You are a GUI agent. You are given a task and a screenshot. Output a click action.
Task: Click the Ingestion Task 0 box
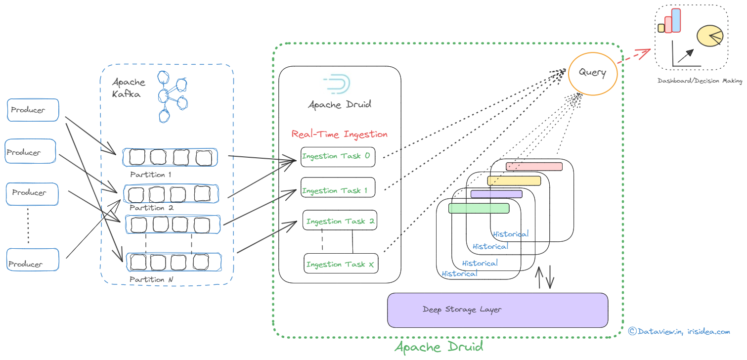click(338, 156)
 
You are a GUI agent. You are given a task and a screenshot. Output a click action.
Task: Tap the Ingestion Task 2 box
click(340, 221)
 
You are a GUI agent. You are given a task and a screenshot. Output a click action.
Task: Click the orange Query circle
click(592, 73)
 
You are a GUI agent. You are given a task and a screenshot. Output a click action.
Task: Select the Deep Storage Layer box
click(497, 310)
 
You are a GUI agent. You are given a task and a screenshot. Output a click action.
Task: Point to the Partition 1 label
click(151, 175)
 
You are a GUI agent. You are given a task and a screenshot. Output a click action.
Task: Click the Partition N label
click(151, 279)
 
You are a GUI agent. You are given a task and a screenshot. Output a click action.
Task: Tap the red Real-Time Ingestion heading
click(340, 134)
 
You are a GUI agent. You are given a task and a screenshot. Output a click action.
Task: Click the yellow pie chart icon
click(709, 36)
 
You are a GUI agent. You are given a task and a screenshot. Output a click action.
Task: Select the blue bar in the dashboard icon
click(676, 20)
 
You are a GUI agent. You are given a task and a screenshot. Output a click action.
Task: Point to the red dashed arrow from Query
click(635, 55)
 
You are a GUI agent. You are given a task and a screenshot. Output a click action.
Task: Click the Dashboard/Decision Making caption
click(700, 81)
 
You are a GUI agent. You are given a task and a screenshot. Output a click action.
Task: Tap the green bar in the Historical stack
click(479, 208)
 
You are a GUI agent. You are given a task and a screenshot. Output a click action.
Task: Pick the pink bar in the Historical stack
click(534, 167)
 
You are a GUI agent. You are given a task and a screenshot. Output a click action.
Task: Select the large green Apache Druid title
click(439, 347)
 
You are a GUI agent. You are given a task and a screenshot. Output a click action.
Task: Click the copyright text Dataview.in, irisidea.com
click(679, 331)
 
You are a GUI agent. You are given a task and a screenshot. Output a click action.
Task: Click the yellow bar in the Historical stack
click(514, 180)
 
